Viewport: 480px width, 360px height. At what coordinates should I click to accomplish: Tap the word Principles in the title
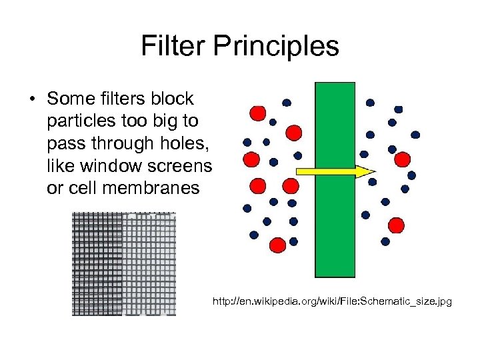[277, 47]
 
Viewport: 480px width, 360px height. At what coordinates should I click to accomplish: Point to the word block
[172, 99]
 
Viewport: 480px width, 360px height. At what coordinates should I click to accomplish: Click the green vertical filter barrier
[335, 180]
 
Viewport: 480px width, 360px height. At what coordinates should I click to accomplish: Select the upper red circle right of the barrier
[402, 159]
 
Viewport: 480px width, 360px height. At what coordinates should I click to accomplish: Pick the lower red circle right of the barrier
[396, 225]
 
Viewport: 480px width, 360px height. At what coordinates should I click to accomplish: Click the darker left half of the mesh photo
[97, 263]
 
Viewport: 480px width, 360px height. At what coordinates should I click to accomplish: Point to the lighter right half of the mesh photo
[149, 263]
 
